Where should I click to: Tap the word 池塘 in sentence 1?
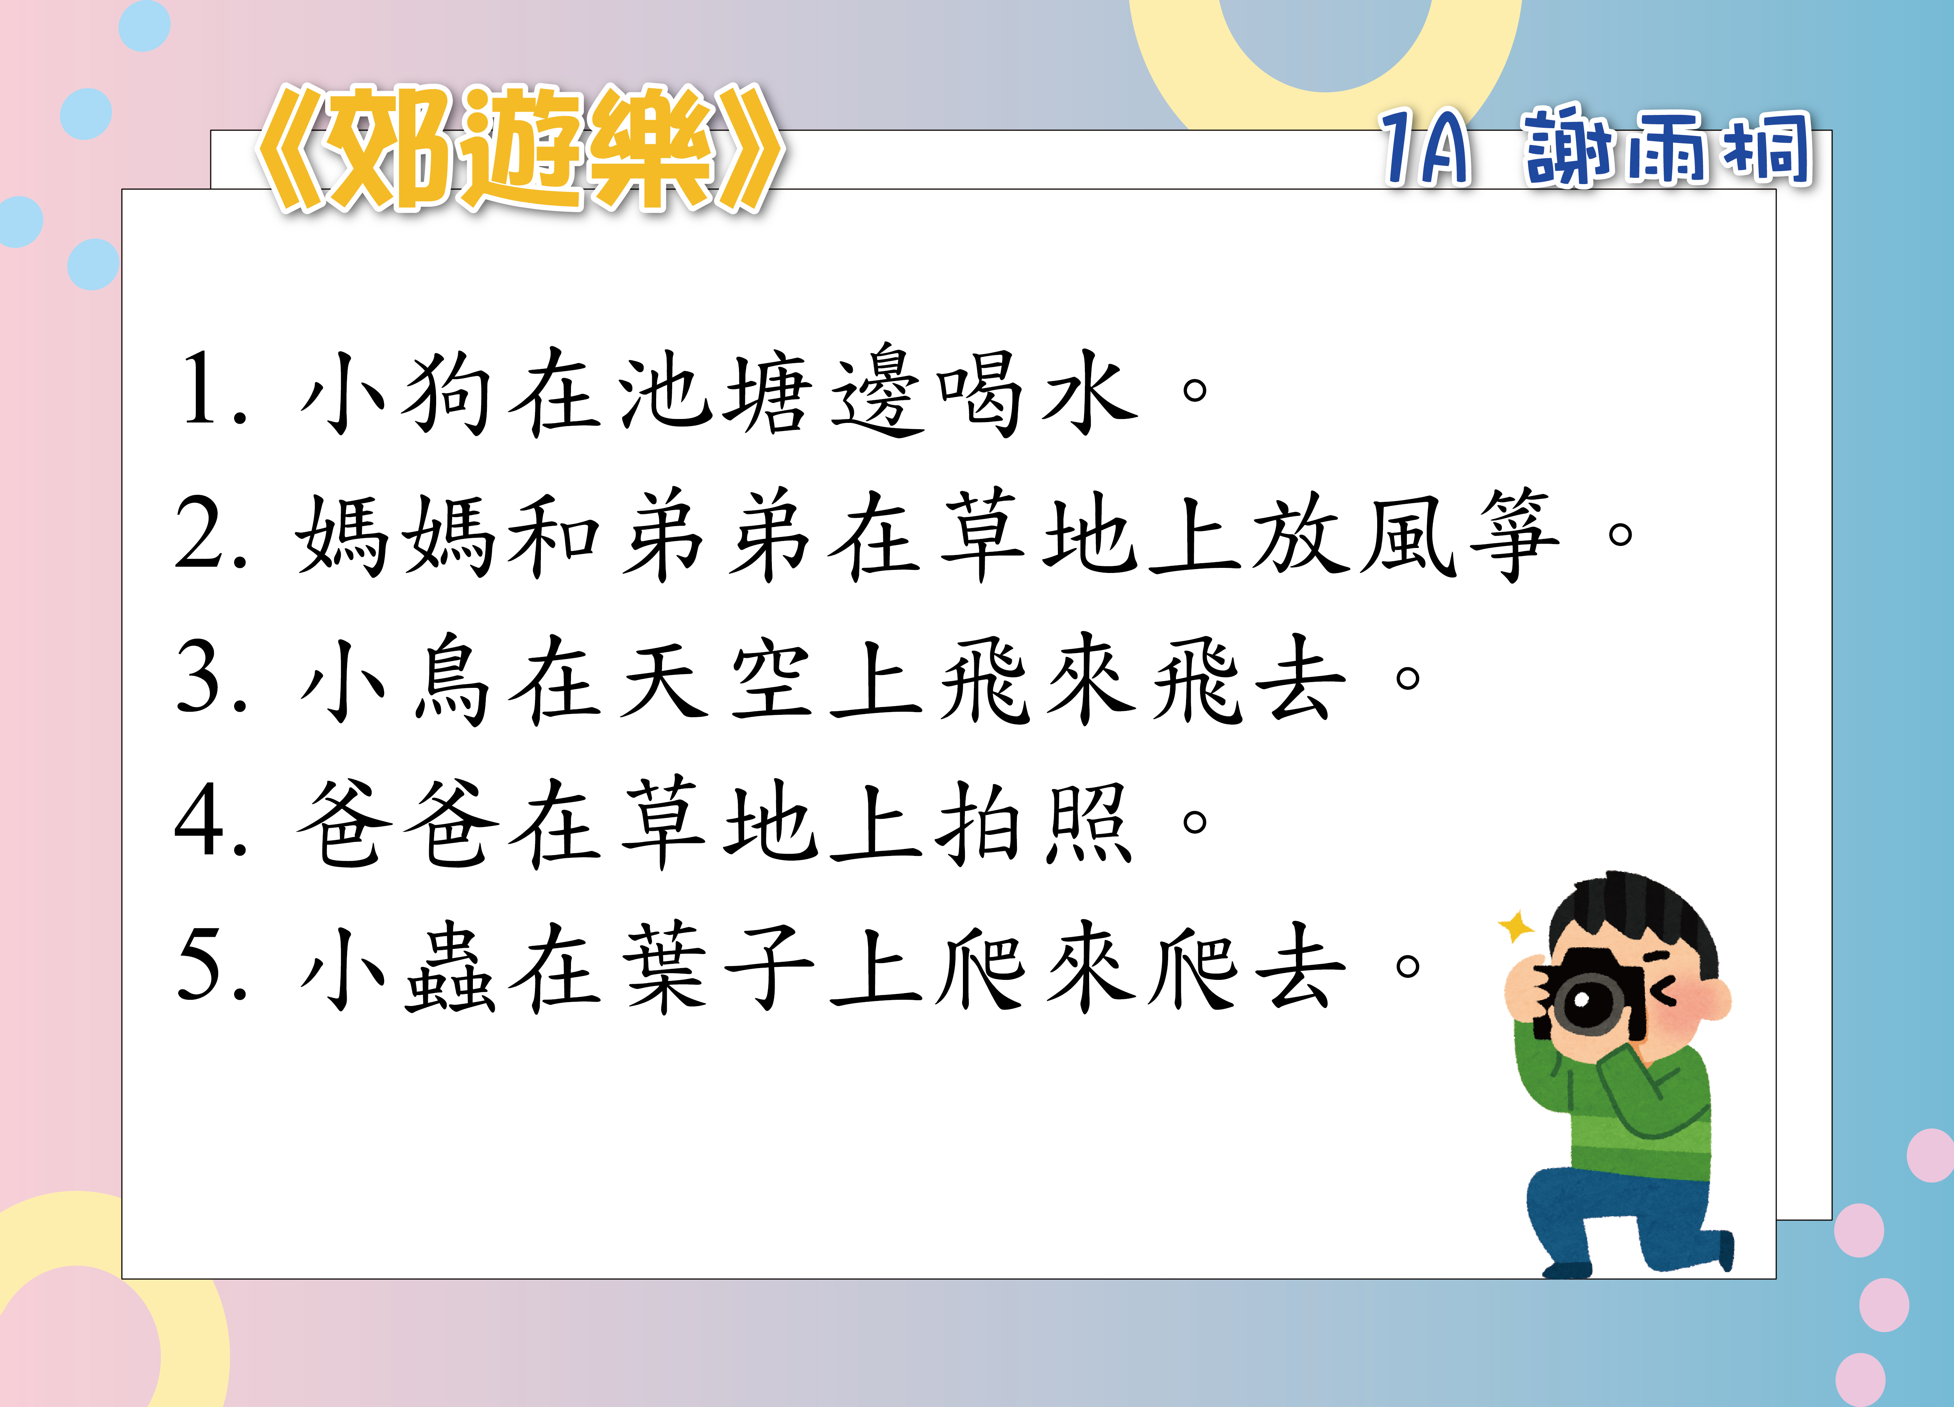715,392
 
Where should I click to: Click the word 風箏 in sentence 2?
1460,536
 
